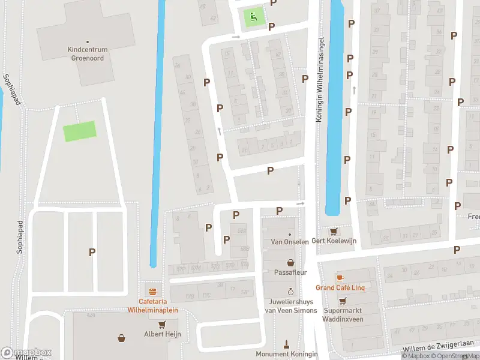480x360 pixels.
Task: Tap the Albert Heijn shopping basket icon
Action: (x=122, y=338)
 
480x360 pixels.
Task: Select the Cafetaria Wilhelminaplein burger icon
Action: (x=153, y=292)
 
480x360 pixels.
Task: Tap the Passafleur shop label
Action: (x=291, y=272)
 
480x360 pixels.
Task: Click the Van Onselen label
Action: (x=290, y=242)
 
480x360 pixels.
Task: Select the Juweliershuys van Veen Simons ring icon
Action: (x=290, y=292)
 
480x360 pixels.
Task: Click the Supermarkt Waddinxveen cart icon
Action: (x=343, y=301)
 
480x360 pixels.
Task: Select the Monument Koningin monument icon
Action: (x=287, y=344)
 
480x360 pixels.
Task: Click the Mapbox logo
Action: (x=26, y=353)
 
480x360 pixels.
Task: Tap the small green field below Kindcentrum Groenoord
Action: (x=80, y=131)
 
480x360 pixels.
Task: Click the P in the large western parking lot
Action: (x=92, y=253)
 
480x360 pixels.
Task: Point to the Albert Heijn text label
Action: (x=162, y=334)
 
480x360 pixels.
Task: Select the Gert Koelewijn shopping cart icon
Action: (x=333, y=231)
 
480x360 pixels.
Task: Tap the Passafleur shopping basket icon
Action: (x=291, y=262)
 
